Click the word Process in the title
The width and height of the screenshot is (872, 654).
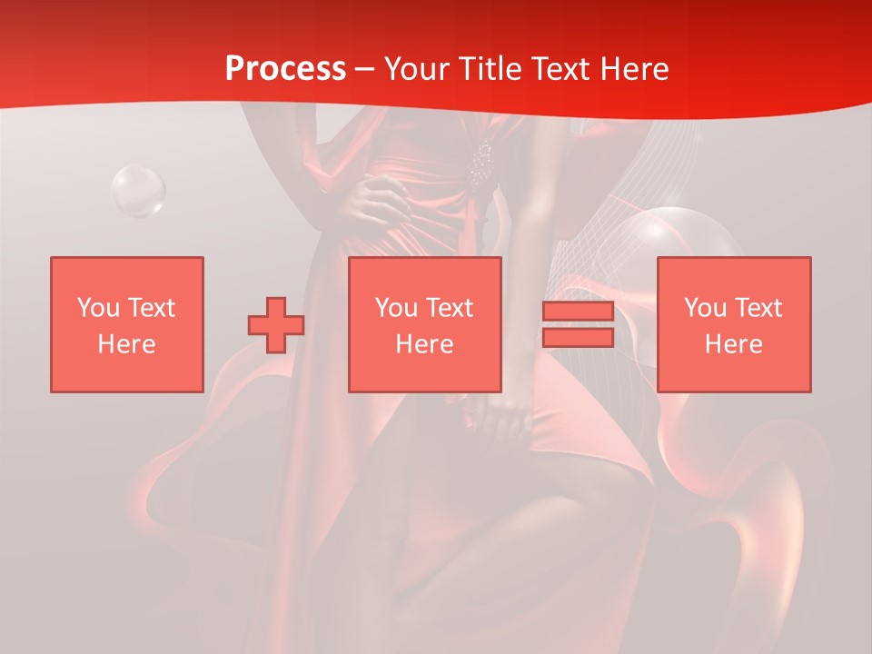pos(285,69)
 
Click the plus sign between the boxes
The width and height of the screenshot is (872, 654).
pos(276,324)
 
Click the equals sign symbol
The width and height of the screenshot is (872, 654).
pos(578,324)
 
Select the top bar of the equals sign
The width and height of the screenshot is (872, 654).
pos(578,312)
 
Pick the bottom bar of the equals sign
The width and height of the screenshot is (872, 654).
pos(578,337)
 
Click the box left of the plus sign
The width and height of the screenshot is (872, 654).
pos(126,324)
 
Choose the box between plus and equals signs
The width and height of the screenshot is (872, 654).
pos(424,324)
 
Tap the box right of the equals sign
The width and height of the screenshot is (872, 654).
pos(733,324)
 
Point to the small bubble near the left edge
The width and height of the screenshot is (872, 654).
pos(138,191)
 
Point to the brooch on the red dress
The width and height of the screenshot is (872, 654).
pos(481,163)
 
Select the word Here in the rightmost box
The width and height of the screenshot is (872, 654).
pos(733,343)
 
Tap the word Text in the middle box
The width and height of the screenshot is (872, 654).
pos(449,307)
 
